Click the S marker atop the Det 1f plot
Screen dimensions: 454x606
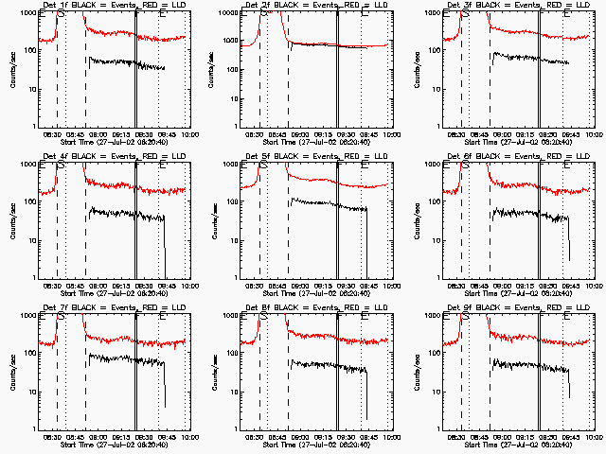(62, 15)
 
